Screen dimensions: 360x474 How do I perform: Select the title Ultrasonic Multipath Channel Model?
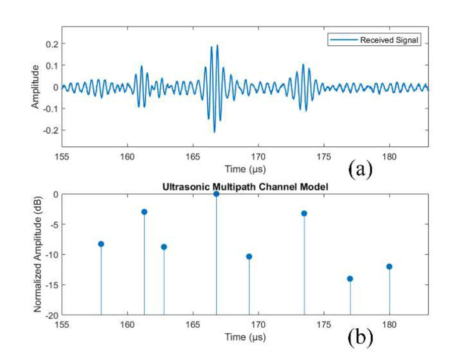245,187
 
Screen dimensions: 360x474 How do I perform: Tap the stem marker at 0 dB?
216,194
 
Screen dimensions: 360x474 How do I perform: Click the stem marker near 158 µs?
101,244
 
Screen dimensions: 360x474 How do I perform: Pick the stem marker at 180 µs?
389,267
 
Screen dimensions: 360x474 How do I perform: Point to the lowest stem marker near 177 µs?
350,279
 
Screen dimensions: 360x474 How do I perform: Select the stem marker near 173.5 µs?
304,213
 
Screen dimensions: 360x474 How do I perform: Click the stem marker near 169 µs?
249,257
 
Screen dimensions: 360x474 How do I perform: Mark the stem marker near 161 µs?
144,212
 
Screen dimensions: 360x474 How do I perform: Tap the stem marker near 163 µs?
164,247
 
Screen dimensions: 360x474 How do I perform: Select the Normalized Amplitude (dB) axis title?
37,255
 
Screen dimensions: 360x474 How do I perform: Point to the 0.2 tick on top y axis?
52,44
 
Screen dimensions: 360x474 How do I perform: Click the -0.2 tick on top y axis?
51,130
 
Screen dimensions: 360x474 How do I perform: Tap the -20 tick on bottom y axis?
52,315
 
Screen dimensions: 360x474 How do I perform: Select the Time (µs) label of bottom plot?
245,336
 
